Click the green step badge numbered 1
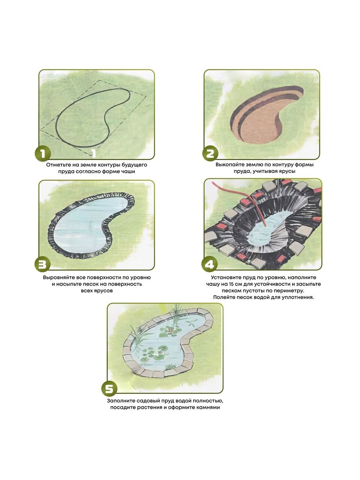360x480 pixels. tap(43, 153)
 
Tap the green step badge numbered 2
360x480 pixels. tap(210, 153)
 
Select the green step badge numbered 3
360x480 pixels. tap(43, 264)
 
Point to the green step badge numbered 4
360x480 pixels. tap(209, 264)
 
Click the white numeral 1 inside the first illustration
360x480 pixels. tap(93, 153)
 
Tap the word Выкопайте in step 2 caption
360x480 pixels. tap(229, 165)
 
